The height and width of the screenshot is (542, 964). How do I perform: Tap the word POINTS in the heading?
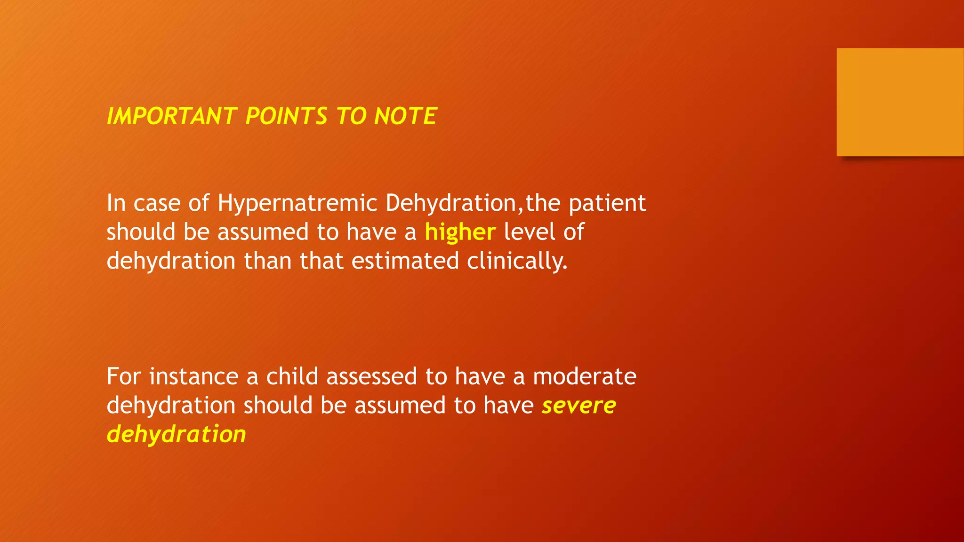click(286, 116)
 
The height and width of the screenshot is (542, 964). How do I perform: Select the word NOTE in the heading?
click(405, 116)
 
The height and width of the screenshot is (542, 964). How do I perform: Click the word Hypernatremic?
click(297, 203)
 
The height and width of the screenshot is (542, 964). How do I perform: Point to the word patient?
click(607, 203)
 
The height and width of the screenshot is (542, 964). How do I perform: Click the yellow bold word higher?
click(460, 232)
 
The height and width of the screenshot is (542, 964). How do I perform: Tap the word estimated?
click(405, 261)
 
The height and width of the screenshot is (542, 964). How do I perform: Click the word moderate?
click(585, 376)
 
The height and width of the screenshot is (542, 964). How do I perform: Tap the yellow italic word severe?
click(578, 406)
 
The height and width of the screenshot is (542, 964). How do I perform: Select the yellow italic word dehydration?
click(176, 434)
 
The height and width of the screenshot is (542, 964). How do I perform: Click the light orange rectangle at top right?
click(900, 102)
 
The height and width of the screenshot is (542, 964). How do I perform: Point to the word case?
click(157, 203)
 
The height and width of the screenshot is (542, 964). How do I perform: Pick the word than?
click(267, 261)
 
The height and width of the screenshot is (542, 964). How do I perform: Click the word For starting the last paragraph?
click(124, 376)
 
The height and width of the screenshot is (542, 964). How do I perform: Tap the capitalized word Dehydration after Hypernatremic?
click(451, 203)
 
